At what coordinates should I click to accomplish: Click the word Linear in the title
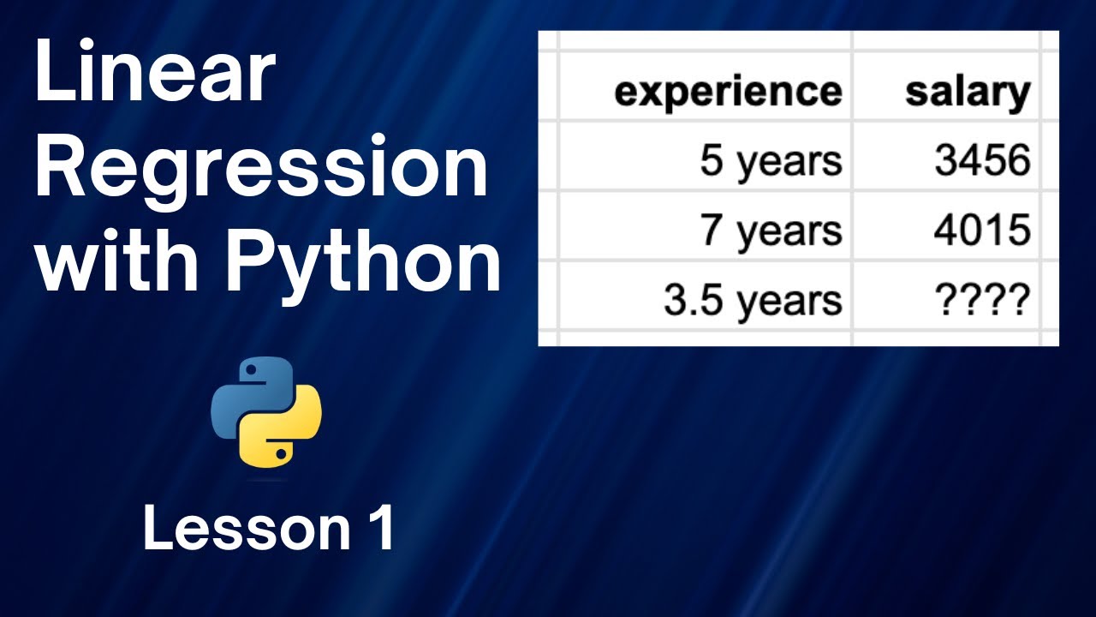(155, 75)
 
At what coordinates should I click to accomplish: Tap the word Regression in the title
(261, 171)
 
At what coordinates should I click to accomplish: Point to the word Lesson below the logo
(241, 529)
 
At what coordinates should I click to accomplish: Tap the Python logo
(266, 412)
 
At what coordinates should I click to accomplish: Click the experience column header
(728, 91)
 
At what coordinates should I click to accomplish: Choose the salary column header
(967, 91)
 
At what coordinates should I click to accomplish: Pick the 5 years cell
(771, 160)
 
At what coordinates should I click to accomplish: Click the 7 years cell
(771, 231)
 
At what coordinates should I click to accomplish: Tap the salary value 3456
(981, 160)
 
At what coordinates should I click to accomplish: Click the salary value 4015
(981, 231)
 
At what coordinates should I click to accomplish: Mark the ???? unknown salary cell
(981, 300)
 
